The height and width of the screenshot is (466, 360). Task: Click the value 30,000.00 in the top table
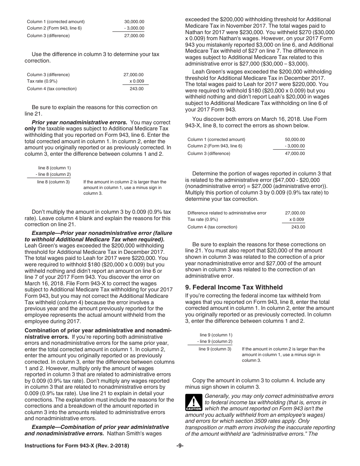point(134,22)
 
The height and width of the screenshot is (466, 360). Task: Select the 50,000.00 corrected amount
point(294,139)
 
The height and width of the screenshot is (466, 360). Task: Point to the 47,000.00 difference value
point(294,153)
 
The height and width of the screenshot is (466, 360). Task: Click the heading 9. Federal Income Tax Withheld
point(234,287)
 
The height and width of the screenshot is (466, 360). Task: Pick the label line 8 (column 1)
point(54,168)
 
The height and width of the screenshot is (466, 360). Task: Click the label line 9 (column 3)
point(215,349)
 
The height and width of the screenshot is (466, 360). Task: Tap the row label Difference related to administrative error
point(227,213)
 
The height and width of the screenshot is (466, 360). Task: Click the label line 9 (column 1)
point(216,335)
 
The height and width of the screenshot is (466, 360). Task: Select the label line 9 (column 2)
point(215,341)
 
